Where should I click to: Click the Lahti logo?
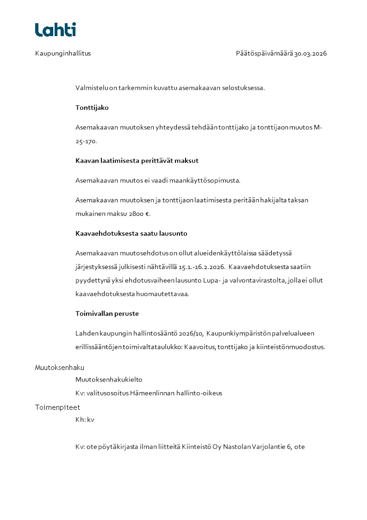pos(56,30)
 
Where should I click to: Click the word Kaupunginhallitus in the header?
pos(63,53)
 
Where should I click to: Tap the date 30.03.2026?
pos(311,53)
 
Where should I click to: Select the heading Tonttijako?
pos(92,107)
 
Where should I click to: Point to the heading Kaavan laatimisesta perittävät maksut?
pos(137,161)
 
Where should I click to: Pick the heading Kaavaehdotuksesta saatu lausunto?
pos(131,233)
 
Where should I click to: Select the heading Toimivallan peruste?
pos(107,313)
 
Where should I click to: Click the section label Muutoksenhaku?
pos(59,368)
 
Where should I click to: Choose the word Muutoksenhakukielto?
pos(109,380)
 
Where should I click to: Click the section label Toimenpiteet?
pos(57,407)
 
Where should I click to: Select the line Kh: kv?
pos(85,420)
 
